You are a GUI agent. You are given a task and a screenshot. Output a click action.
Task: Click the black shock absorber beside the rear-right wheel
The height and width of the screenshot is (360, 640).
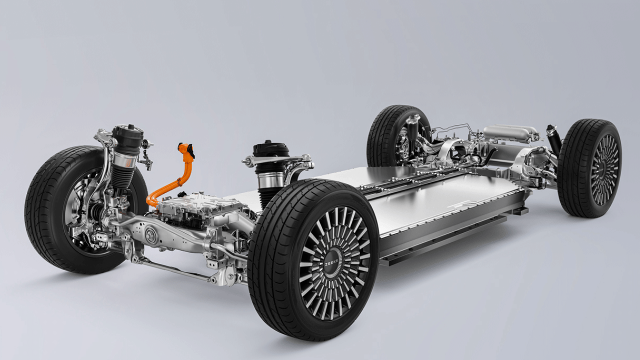click(x=554, y=140)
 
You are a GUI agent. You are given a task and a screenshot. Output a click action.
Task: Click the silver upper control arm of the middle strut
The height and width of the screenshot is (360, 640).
click(x=280, y=161)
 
